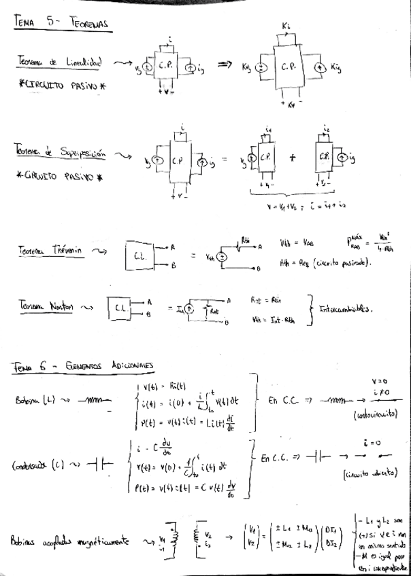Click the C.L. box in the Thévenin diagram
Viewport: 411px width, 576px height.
[x=141, y=257]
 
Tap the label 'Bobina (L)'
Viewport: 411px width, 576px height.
[x=40, y=400]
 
